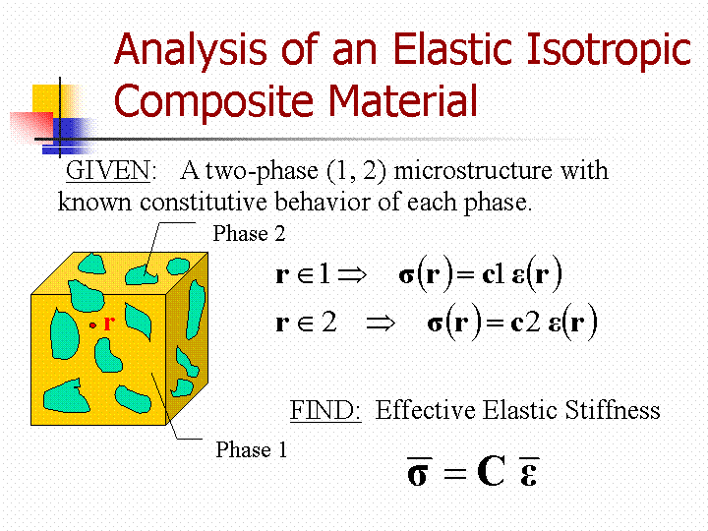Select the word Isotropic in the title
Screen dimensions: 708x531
coord(609,51)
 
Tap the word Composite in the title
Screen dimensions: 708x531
coord(213,101)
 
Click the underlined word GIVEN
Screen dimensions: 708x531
coord(107,171)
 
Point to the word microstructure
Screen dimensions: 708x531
coord(473,171)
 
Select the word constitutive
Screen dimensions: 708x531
coord(204,202)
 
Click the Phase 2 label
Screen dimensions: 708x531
coord(249,233)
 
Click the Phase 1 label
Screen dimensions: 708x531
coord(252,449)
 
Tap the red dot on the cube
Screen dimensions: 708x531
coord(92,325)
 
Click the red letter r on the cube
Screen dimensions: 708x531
coord(109,324)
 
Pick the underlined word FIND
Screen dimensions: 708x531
coord(325,410)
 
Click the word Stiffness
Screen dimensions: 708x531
coord(613,410)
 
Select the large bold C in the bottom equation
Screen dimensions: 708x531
coord(491,471)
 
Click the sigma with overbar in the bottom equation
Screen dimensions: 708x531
coord(419,472)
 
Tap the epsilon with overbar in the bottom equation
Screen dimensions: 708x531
coord(529,472)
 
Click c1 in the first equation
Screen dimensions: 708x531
coord(493,274)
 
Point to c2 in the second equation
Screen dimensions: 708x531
coord(525,323)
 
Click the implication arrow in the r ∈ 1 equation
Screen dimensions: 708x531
coord(352,274)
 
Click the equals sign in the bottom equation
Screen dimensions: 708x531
coord(454,473)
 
